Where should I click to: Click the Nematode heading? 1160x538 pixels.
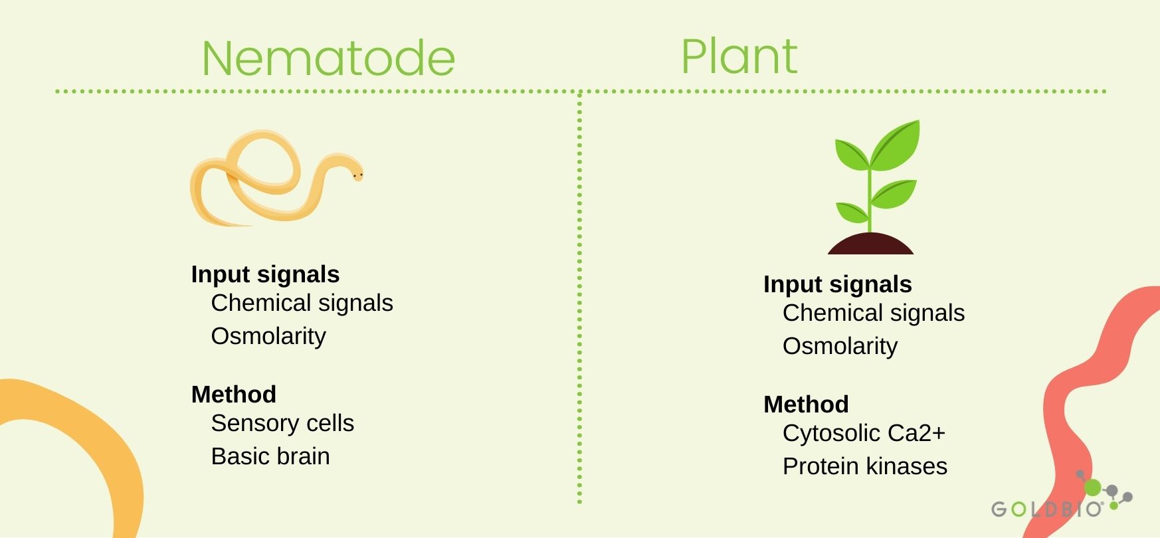pyautogui.click(x=328, y=58)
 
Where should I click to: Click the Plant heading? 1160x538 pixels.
pyautogui.click(x=739, y=56)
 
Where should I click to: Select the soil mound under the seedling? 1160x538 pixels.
pyautogui.click(x=870, y=244)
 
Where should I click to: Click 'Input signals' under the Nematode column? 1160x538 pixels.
pyautogui.click(x=265, y=274)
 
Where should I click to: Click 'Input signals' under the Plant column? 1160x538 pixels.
pyautogui.click(x=837, y=284)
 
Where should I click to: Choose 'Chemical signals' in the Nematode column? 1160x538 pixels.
pyautogui.click(x=302, y=304)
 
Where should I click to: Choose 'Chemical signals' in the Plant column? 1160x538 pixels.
pyautogui.click(x=874, y=314)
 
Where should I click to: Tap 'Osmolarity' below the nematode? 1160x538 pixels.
pyautogui.click(x=268, y=336)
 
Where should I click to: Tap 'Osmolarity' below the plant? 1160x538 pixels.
pyautogui.click(x=840, y=346)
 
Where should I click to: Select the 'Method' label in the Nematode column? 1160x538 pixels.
pyautogui.click(x=234, y=395)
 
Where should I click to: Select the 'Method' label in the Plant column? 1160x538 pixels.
pyautogui.click(x=806, y=404)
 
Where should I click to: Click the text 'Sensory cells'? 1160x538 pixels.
pyautogui.click(x=282, y=423)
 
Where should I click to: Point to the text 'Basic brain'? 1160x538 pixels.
pyautogui.click(x=270, y=456)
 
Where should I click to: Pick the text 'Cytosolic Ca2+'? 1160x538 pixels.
pyautogui.click(x=864, y=433)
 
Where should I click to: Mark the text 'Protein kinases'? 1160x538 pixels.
pyautogui.click(x=865, y=466)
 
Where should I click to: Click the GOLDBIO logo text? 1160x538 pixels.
pyautogui.click(x=1047, y=509)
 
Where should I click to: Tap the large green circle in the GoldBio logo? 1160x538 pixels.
pyautogui.click(x=1093, y=488)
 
